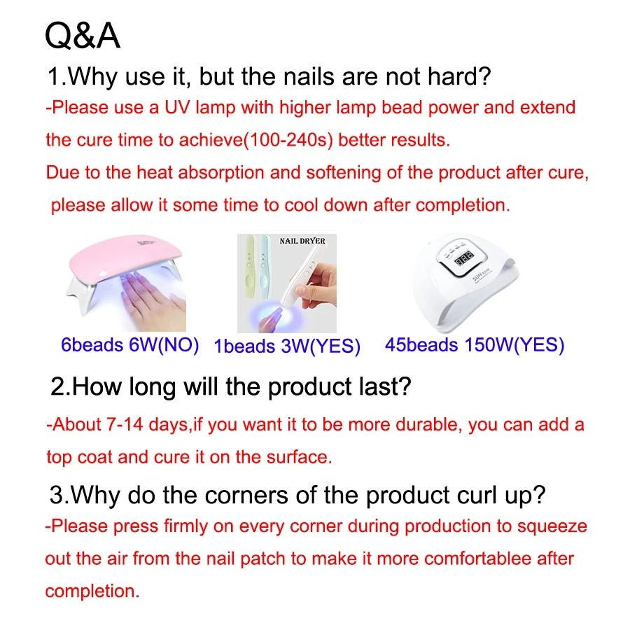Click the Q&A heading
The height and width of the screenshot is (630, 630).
pos(83,36)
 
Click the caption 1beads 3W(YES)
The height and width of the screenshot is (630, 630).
pos(287,346)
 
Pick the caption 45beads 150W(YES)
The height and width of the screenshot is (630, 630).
pos(475,345)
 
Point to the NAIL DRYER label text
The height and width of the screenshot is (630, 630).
pos(302,241)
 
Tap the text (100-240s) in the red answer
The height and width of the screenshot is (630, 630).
pos(288,140)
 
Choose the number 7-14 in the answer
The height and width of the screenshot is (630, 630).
pos(125,425)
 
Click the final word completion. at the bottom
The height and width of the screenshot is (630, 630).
pos(92,591)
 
